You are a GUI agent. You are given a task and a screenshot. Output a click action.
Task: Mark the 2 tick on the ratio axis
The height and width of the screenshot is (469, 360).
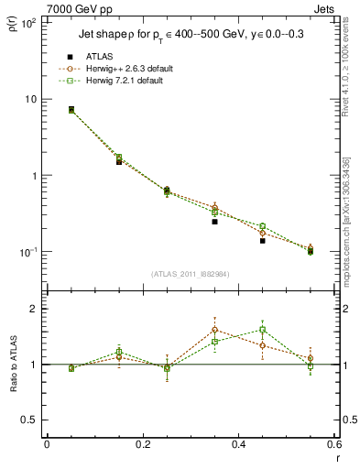pos(32,309)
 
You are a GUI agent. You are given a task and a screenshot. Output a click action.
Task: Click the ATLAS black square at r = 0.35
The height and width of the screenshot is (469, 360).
pos(214,222)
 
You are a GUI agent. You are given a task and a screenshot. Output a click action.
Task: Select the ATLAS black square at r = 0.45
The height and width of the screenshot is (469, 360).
pos(262,240)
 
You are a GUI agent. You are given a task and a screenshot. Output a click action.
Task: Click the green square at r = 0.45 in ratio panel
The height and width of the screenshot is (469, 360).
pos(262,330)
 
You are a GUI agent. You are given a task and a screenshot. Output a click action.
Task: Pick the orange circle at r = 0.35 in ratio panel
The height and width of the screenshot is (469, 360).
pos(214,330)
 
